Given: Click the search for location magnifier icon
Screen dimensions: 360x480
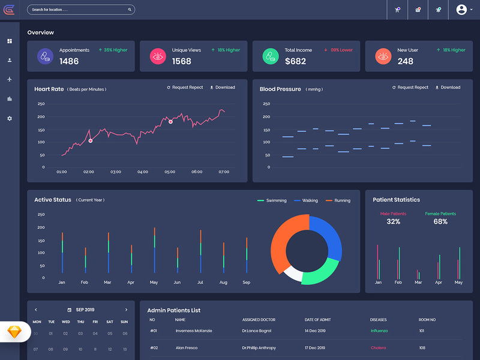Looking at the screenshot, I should (x=130, y=10).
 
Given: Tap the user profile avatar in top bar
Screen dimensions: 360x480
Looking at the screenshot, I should (x=461, y=10).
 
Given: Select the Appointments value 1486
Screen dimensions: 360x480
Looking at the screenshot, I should (x=69, y=61).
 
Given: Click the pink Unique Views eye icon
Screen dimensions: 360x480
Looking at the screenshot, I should (x=158, y=56).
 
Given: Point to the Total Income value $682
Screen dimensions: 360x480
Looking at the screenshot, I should (x=295, y=61).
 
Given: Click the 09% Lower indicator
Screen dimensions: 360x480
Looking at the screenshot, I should (x=338, y=50).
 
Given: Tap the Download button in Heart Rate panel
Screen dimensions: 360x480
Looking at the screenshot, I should (x=222, y=88).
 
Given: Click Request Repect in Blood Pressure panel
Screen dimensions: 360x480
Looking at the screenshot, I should (x=410, y=88).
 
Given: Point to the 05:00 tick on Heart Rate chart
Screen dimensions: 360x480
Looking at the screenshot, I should (x=170, y=172).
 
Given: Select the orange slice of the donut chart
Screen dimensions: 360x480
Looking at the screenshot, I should (x=286, y=240).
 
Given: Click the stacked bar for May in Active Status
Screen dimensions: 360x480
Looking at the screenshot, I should (x=154, y=250).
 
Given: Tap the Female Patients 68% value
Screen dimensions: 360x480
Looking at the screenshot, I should (x=440, y=222).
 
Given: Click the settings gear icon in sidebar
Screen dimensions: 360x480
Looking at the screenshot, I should (x=10, y=118).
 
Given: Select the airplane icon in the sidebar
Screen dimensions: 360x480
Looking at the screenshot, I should (x=10, y=79).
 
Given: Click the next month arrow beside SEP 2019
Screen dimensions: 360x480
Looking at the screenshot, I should (x=126, y=310).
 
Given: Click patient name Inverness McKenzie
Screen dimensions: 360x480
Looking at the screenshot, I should (x=193, y=331).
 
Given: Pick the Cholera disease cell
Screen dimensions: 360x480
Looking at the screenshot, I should (x=378, y=347).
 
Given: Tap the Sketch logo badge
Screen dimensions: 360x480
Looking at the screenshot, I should (x=13, y=331).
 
